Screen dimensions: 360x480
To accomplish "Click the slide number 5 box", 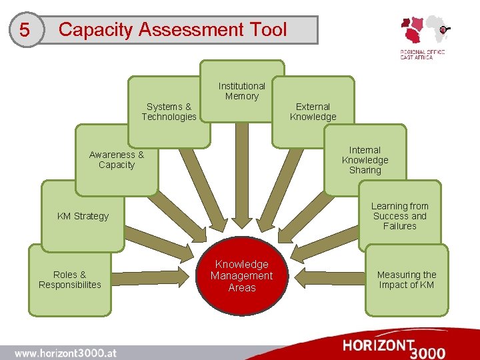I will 25,30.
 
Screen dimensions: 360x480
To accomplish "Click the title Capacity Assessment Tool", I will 173,30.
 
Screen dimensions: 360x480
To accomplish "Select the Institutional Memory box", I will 242,91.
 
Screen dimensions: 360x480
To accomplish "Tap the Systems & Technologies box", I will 169,111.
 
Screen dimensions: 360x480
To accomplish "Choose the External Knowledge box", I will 313,111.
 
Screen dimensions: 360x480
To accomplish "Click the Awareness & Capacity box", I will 116,160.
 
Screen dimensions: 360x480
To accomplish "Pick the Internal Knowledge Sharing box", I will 365,160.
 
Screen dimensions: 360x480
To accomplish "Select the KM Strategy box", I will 83,216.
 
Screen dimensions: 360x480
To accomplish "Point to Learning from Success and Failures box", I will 399,216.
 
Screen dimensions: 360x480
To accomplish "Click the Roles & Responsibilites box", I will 69,279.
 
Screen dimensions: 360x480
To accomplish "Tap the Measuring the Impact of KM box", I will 406,279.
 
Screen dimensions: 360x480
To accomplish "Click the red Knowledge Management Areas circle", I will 242,275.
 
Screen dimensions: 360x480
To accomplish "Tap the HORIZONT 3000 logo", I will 394,347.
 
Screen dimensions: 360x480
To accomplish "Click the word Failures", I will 399,226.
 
